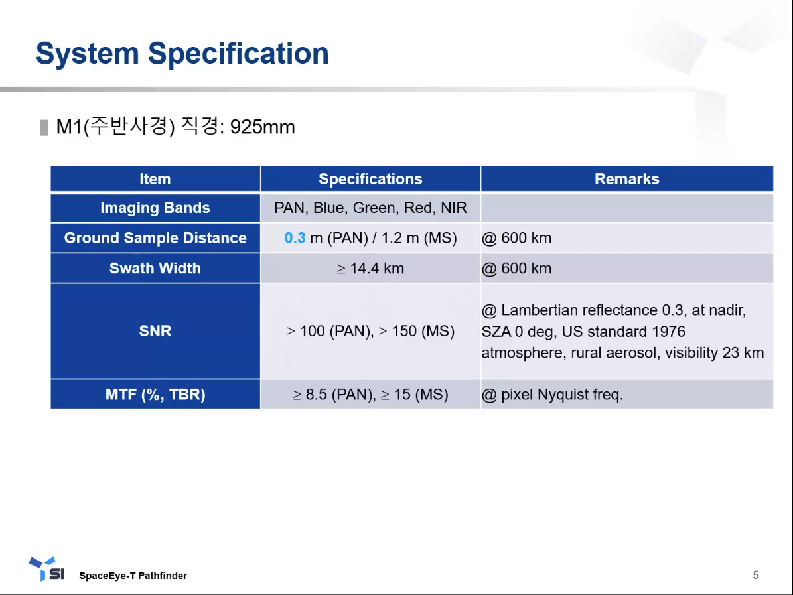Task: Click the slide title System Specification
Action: [x=182, y=54]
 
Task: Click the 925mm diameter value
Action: [x=263, y=127]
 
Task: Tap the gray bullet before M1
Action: [x=44, y=127]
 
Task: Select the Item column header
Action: [x=155, y=179]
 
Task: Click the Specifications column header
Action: [x=370, y=179]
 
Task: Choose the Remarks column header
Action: [x=626, y=179]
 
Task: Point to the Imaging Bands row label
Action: [x=155, y=208]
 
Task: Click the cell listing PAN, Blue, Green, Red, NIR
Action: [x=370, y=208]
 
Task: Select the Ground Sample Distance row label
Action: [x=155, y=238]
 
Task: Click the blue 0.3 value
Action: [x=295, y=238]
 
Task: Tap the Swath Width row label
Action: [x=155, y=268]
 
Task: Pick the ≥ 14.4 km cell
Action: [x=370, y=269]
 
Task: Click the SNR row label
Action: [x=155, y=331]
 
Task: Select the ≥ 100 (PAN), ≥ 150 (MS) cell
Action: [x=370, y=331]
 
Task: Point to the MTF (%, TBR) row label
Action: [x=155, y=394]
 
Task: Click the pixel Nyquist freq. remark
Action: [x=562, y=394]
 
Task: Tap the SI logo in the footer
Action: [x=46, y=569]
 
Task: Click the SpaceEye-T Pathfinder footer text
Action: [x=133, y=576]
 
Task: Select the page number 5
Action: [x=756, y=575]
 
